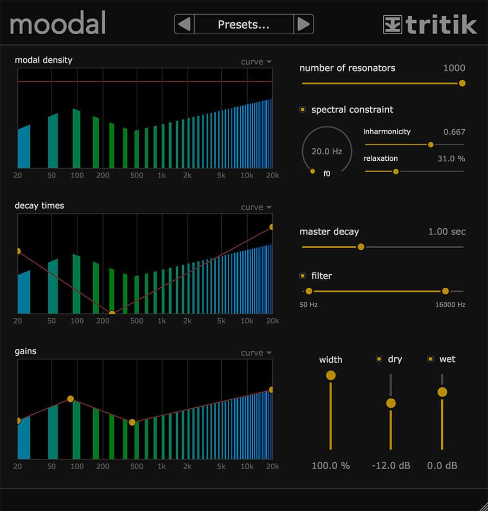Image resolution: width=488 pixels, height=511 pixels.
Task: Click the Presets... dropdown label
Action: (243, 24)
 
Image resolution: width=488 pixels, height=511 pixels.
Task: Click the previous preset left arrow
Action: (184, 24)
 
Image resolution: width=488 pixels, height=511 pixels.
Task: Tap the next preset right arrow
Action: (304, 24)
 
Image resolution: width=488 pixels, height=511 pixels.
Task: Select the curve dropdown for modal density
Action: (256, 62)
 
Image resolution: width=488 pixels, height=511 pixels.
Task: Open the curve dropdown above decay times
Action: (256, 207)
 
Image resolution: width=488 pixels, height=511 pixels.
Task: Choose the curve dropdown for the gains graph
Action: (256, 353)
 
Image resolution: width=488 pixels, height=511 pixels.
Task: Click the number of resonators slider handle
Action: (462, 83)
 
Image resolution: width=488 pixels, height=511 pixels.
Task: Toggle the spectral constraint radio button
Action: (303, 110)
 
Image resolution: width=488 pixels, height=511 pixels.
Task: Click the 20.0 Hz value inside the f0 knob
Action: (327, 152)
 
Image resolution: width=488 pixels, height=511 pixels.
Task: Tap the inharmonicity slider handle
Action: (431, 144)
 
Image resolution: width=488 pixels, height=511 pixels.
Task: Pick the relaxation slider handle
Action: (396, 171)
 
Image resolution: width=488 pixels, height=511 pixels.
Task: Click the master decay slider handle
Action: (361, 247)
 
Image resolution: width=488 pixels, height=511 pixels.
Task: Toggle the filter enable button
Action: (303, 276)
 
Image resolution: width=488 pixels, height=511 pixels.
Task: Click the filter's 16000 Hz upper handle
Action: (445, 291)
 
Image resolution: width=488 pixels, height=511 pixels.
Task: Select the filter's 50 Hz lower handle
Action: (309, 291)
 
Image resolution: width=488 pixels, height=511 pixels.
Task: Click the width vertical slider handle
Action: (330, 375)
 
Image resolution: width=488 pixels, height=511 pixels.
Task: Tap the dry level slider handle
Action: (390, 403)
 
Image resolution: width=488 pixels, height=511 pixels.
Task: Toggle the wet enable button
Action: (431, 359)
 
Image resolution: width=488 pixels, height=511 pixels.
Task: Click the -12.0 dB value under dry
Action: (390, 465)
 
